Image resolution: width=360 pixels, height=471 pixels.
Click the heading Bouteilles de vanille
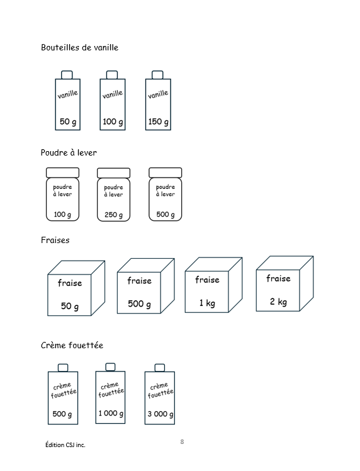pyautogui.click(x=79, y=47)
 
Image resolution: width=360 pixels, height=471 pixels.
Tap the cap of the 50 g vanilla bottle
pyautogui.click(x=67, y=75)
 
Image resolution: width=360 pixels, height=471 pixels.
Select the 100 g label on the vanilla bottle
pyautogui.click(x=113, y=122)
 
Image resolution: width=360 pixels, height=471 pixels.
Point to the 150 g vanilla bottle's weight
pyautogui.click(x=158, y=122)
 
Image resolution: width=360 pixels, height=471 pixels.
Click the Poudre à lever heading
pyautogui.click(x=69, y=152)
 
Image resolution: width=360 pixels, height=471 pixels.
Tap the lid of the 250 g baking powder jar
pyautogui.click(x=113, y=173)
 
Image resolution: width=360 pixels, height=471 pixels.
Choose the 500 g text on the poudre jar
pyautogui.click(x=166, y=215)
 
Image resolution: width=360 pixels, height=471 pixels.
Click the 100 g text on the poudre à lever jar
pyautogui.click(x=62, y=215)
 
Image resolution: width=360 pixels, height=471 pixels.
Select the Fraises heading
pyautogui.click(x=55, y=240)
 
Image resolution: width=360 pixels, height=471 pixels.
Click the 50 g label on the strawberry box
pyautogui.click(x=70, y=306)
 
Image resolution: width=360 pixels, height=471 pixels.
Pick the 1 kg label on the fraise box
pyautogui.click(x=207, y=303)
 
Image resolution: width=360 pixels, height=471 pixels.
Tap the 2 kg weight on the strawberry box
pyautogui.click(x=278, y=302)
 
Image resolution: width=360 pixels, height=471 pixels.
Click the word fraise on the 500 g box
pyautogui.click(x=139, y=281)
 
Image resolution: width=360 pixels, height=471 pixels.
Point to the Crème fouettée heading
pyautogui.click(x=72, y=346)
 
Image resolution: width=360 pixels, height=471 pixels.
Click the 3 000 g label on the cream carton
pyautogui.click(x=160, y=414)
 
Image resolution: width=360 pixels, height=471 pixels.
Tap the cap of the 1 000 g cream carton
pyautogui.click(x=111, y=366)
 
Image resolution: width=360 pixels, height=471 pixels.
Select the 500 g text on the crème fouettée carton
pyautogui.click(x=62, y=414)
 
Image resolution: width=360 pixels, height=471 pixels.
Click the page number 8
pyautogui.click(x=182, y=441)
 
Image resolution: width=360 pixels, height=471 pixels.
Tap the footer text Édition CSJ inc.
pyautogui.click(x=65, y=445)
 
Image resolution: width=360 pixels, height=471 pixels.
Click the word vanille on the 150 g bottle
pyautogui.click(x=158, y=94)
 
